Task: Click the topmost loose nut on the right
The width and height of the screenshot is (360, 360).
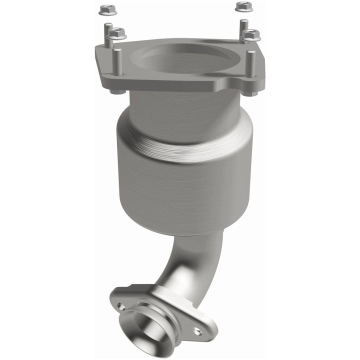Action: [242, 6]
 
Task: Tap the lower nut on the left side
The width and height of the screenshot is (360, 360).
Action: [117, 34]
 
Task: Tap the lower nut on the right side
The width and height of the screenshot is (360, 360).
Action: [250, 34]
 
